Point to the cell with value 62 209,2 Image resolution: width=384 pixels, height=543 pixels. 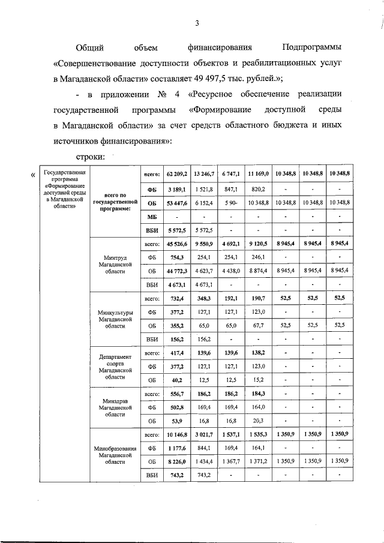(177, 173)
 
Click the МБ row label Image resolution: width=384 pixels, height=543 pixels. (152, 216)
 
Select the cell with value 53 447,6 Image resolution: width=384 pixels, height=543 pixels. (177, 203)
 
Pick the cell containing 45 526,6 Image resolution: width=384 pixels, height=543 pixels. (177, 245)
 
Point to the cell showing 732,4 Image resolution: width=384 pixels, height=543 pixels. (177, 298)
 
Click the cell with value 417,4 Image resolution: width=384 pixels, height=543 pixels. (177, 353)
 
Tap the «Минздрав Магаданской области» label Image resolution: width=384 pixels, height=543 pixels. (114, 408)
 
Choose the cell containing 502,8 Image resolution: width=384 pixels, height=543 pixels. (177, 408)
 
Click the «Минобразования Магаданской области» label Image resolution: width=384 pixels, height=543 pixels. (114, 454)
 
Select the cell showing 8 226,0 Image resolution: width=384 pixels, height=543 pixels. (177, 461)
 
